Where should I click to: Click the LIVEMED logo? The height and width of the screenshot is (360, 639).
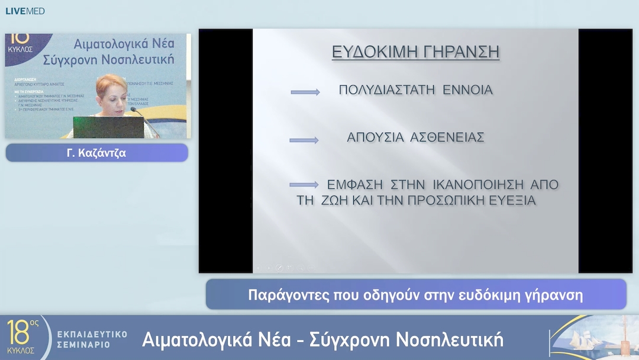25,11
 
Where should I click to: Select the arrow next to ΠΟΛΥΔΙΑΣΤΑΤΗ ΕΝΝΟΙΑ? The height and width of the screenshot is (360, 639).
305,92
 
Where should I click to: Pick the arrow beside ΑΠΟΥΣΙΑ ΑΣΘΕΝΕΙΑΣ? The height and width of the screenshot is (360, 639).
304,140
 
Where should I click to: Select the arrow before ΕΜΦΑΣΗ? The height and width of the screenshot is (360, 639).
304,185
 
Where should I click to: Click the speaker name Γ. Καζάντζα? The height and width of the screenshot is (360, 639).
96,153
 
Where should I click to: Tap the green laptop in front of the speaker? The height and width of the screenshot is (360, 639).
108,127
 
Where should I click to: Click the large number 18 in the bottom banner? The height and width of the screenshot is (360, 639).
19,333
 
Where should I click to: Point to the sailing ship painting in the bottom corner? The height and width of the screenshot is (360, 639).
592,337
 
